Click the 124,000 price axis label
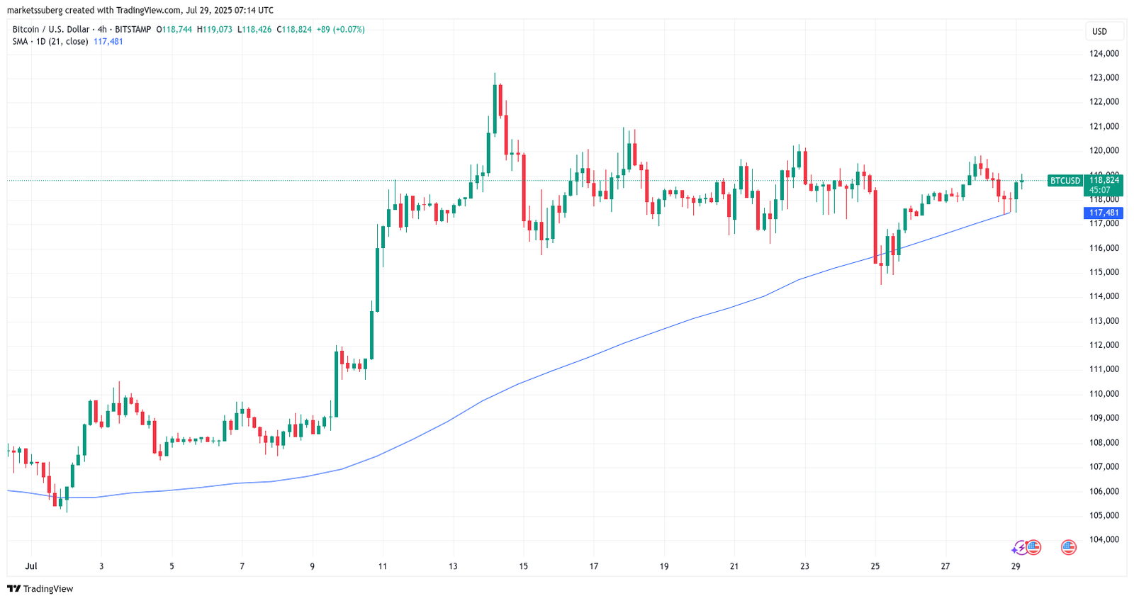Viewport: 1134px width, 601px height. pyautogui.click(x=1104, y=53)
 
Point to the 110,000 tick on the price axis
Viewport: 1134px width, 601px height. pyautogui.click(x=1104, y=394)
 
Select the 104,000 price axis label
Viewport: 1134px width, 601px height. pyautogui.click(x=1104, y=539)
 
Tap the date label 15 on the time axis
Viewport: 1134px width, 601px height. pyautogui.click(x=523, y=566)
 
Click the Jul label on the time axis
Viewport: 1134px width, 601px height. pyautogui.click(x=30, y=566)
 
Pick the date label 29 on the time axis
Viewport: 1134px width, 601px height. pyautogui.click(x=1016, y=566)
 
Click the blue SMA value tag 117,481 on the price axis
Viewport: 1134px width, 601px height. pyautogui.click(x=1104, y=213)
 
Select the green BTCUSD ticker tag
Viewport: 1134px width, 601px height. pyautogui.click(x=1065, y=181)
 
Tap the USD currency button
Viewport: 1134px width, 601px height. pyautogui.click(x=1099, y=31)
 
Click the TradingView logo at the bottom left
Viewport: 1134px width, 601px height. pyautogui.click(x=40, y=589)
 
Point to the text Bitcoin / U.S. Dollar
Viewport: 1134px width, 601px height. pyautogui.click(x=51, y=29)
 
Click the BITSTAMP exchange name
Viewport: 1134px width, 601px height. pyautogui.click(x=133, y=29)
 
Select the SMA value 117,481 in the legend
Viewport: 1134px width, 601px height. pyautogui.click(x=108, y=41)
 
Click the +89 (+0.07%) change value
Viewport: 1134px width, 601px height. pyautogui.click(x=340, y=29)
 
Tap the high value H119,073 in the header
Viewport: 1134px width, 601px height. pyautogui.click(x=215, y=29)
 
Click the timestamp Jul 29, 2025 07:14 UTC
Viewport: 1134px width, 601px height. pyautogui.click(x=228, y=10)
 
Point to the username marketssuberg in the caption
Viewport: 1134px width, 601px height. pyautogui.click(x=35, y=10)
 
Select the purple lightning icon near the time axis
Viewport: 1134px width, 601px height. pyautogui.click(x=1018, y=547)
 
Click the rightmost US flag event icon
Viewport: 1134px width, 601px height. pyautogui.click(x=1068, y=547)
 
